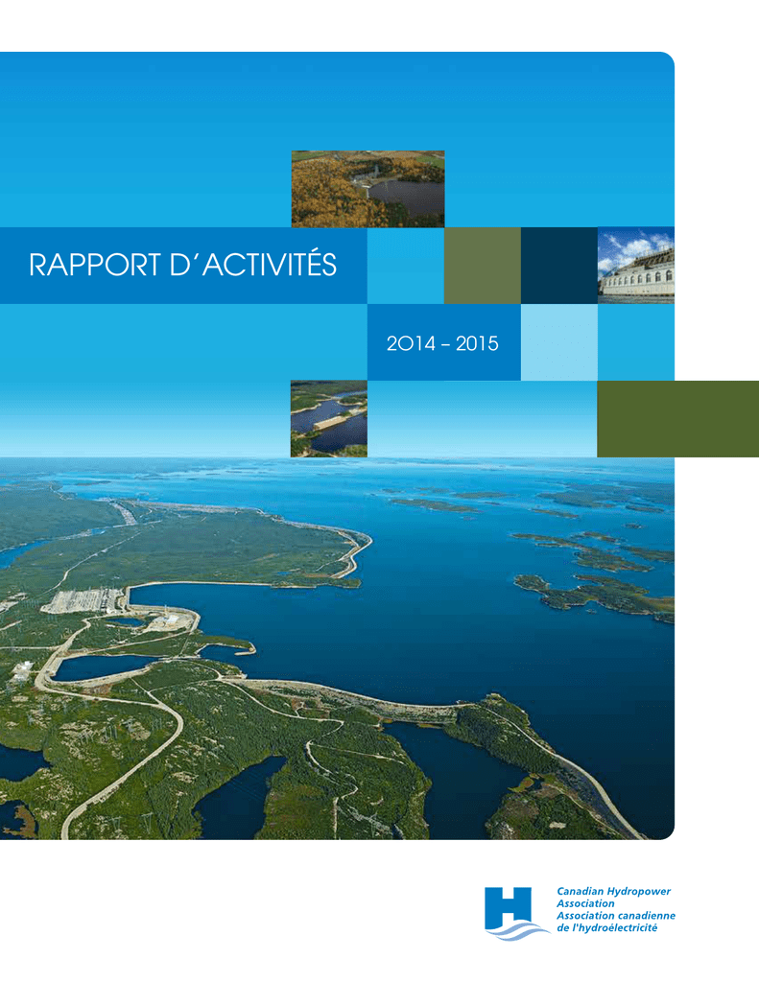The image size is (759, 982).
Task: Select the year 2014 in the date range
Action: (411, 343)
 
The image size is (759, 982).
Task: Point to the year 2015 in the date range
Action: (477, 343)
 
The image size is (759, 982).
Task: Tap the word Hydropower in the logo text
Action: (638, 891)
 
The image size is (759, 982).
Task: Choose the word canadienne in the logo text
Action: (646, 916)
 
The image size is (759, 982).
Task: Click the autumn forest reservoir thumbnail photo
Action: (368, 189)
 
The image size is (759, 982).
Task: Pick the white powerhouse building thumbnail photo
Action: (635, 266)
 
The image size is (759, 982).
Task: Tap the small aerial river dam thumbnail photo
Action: (329, 418)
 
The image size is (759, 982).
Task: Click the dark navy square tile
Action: (559, 266)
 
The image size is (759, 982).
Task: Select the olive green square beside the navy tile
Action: (483, 266)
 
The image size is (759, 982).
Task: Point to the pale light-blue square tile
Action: (559, 342)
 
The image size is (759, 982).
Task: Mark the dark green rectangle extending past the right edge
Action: (678, 418)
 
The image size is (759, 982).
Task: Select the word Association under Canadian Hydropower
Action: (585, 903)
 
